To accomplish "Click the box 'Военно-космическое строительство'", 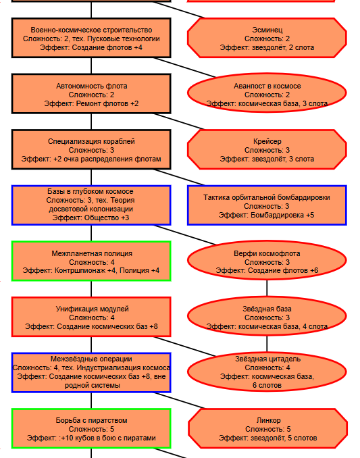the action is click(91, 38).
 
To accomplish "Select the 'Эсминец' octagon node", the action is click(267, 38).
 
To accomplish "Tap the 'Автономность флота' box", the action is click(91, 94).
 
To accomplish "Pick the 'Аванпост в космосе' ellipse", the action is click(267, 93).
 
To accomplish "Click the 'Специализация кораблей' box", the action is click(91, 149).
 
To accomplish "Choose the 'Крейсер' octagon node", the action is click(267, 149).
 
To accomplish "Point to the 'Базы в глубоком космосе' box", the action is click(91, 205).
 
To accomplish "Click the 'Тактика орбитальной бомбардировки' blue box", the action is click(267, 205).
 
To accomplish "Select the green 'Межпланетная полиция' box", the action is click(91, 261).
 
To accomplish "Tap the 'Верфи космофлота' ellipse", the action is click(267, 260).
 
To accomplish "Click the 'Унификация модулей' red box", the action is click(91, 317).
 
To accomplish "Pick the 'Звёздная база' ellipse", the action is click(267, 316).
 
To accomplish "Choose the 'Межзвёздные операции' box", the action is click(91, 372).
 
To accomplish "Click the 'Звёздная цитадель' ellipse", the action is click(267, 372).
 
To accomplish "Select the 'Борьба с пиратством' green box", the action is click(91, 428).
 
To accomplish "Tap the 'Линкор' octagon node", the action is click(267, 428).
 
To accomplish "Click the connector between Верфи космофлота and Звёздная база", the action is click(267, 288).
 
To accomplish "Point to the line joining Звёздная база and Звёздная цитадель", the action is click(267, 344).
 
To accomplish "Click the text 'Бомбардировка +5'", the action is click(281, 215).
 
